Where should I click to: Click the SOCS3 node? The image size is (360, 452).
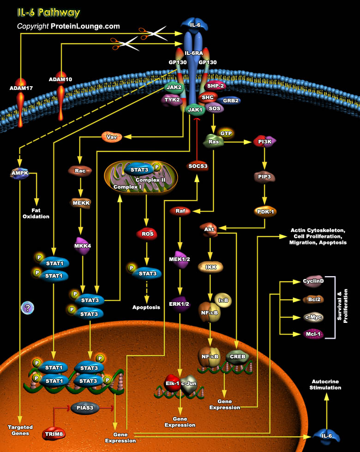coord(197,166)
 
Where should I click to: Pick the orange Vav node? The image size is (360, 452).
coord(111,137)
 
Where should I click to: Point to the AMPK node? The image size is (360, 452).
coord(20,173)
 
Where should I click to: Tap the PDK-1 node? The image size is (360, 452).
coord(265,212)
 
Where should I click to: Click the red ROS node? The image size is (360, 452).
coord(147,234)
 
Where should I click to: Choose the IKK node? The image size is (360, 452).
coord(210,267)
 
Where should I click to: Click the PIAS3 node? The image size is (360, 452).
coord(85,408)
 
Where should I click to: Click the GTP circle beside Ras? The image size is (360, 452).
coord(226,133)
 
